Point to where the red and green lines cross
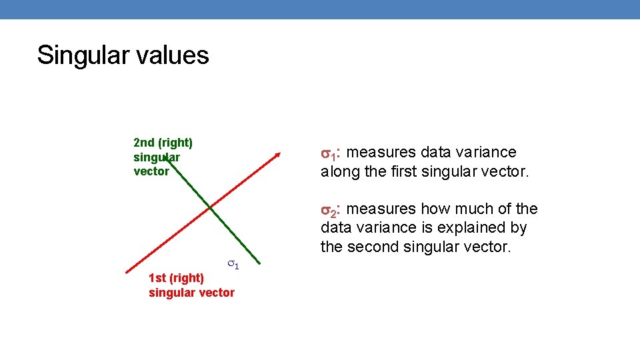tap(210, 208)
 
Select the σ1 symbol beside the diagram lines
tap(233, 265)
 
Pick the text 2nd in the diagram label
tap(144, 142)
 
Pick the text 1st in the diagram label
tap(157, 277)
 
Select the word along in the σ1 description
tap(339, 171)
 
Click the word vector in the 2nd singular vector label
tap(151, 171)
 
